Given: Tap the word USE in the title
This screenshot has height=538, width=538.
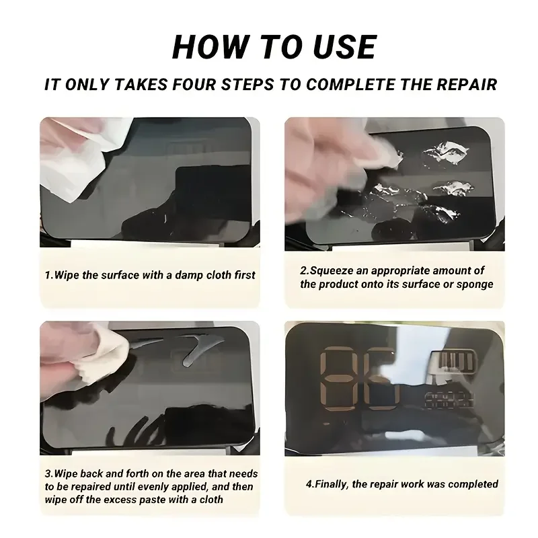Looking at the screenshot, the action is click(x=345, y=47).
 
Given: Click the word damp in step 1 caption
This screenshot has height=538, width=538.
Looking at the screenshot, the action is click(x=189, y=275).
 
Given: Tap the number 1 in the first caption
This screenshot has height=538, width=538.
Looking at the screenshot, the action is click(x=47, y=275).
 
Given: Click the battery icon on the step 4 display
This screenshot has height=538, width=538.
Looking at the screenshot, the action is click(x=453, y=362).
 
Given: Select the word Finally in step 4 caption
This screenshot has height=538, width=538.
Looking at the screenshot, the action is click(x=331, y=484).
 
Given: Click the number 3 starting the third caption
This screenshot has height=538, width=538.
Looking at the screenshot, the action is click(x=48, y=474).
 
